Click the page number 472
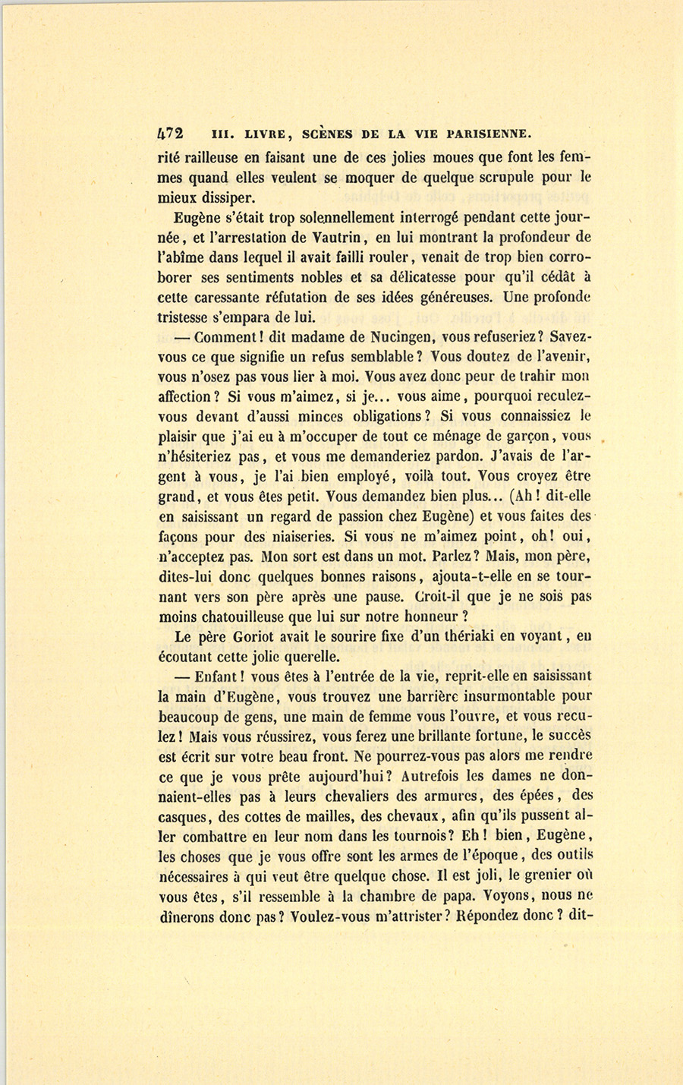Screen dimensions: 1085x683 (170, 134)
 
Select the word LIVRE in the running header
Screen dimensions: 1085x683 (265, 134)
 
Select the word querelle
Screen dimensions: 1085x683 (307, 656)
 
